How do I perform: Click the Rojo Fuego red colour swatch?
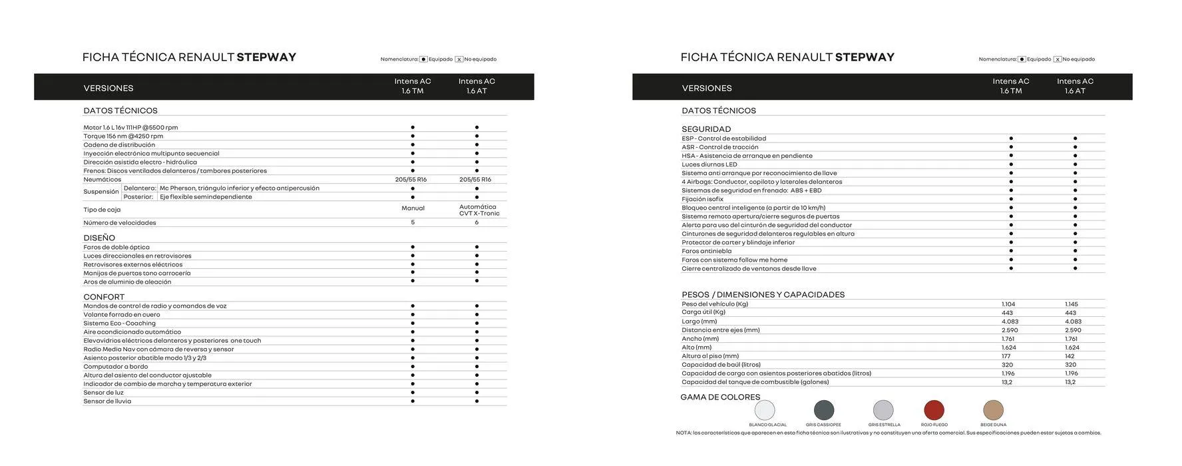pos(934,410)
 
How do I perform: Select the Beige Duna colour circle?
pos(993,410)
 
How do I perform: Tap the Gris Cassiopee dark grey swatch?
pos(824,410)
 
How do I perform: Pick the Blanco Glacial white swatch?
pos(765,410)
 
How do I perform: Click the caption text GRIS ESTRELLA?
pos(884,425)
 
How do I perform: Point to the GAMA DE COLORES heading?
pos(720,397)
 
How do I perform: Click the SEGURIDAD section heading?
pos(706,129)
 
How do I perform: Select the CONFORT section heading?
pos(104,297)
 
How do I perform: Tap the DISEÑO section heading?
pos(99,238)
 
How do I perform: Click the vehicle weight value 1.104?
pos(1008,304)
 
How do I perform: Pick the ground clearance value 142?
pos(1070,356)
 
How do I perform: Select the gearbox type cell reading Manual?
pos(413,208)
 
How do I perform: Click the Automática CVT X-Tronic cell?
pos(478,210)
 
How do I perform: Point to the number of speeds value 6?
pos(477,222)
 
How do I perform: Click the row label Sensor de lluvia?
pos(107,401)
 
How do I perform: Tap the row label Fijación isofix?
pos(702,199)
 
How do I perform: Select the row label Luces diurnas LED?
pos(709,164)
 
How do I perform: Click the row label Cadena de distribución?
pos(119,145)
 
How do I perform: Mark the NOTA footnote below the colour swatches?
pos(888,433)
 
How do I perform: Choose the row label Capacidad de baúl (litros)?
pos(721,365)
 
